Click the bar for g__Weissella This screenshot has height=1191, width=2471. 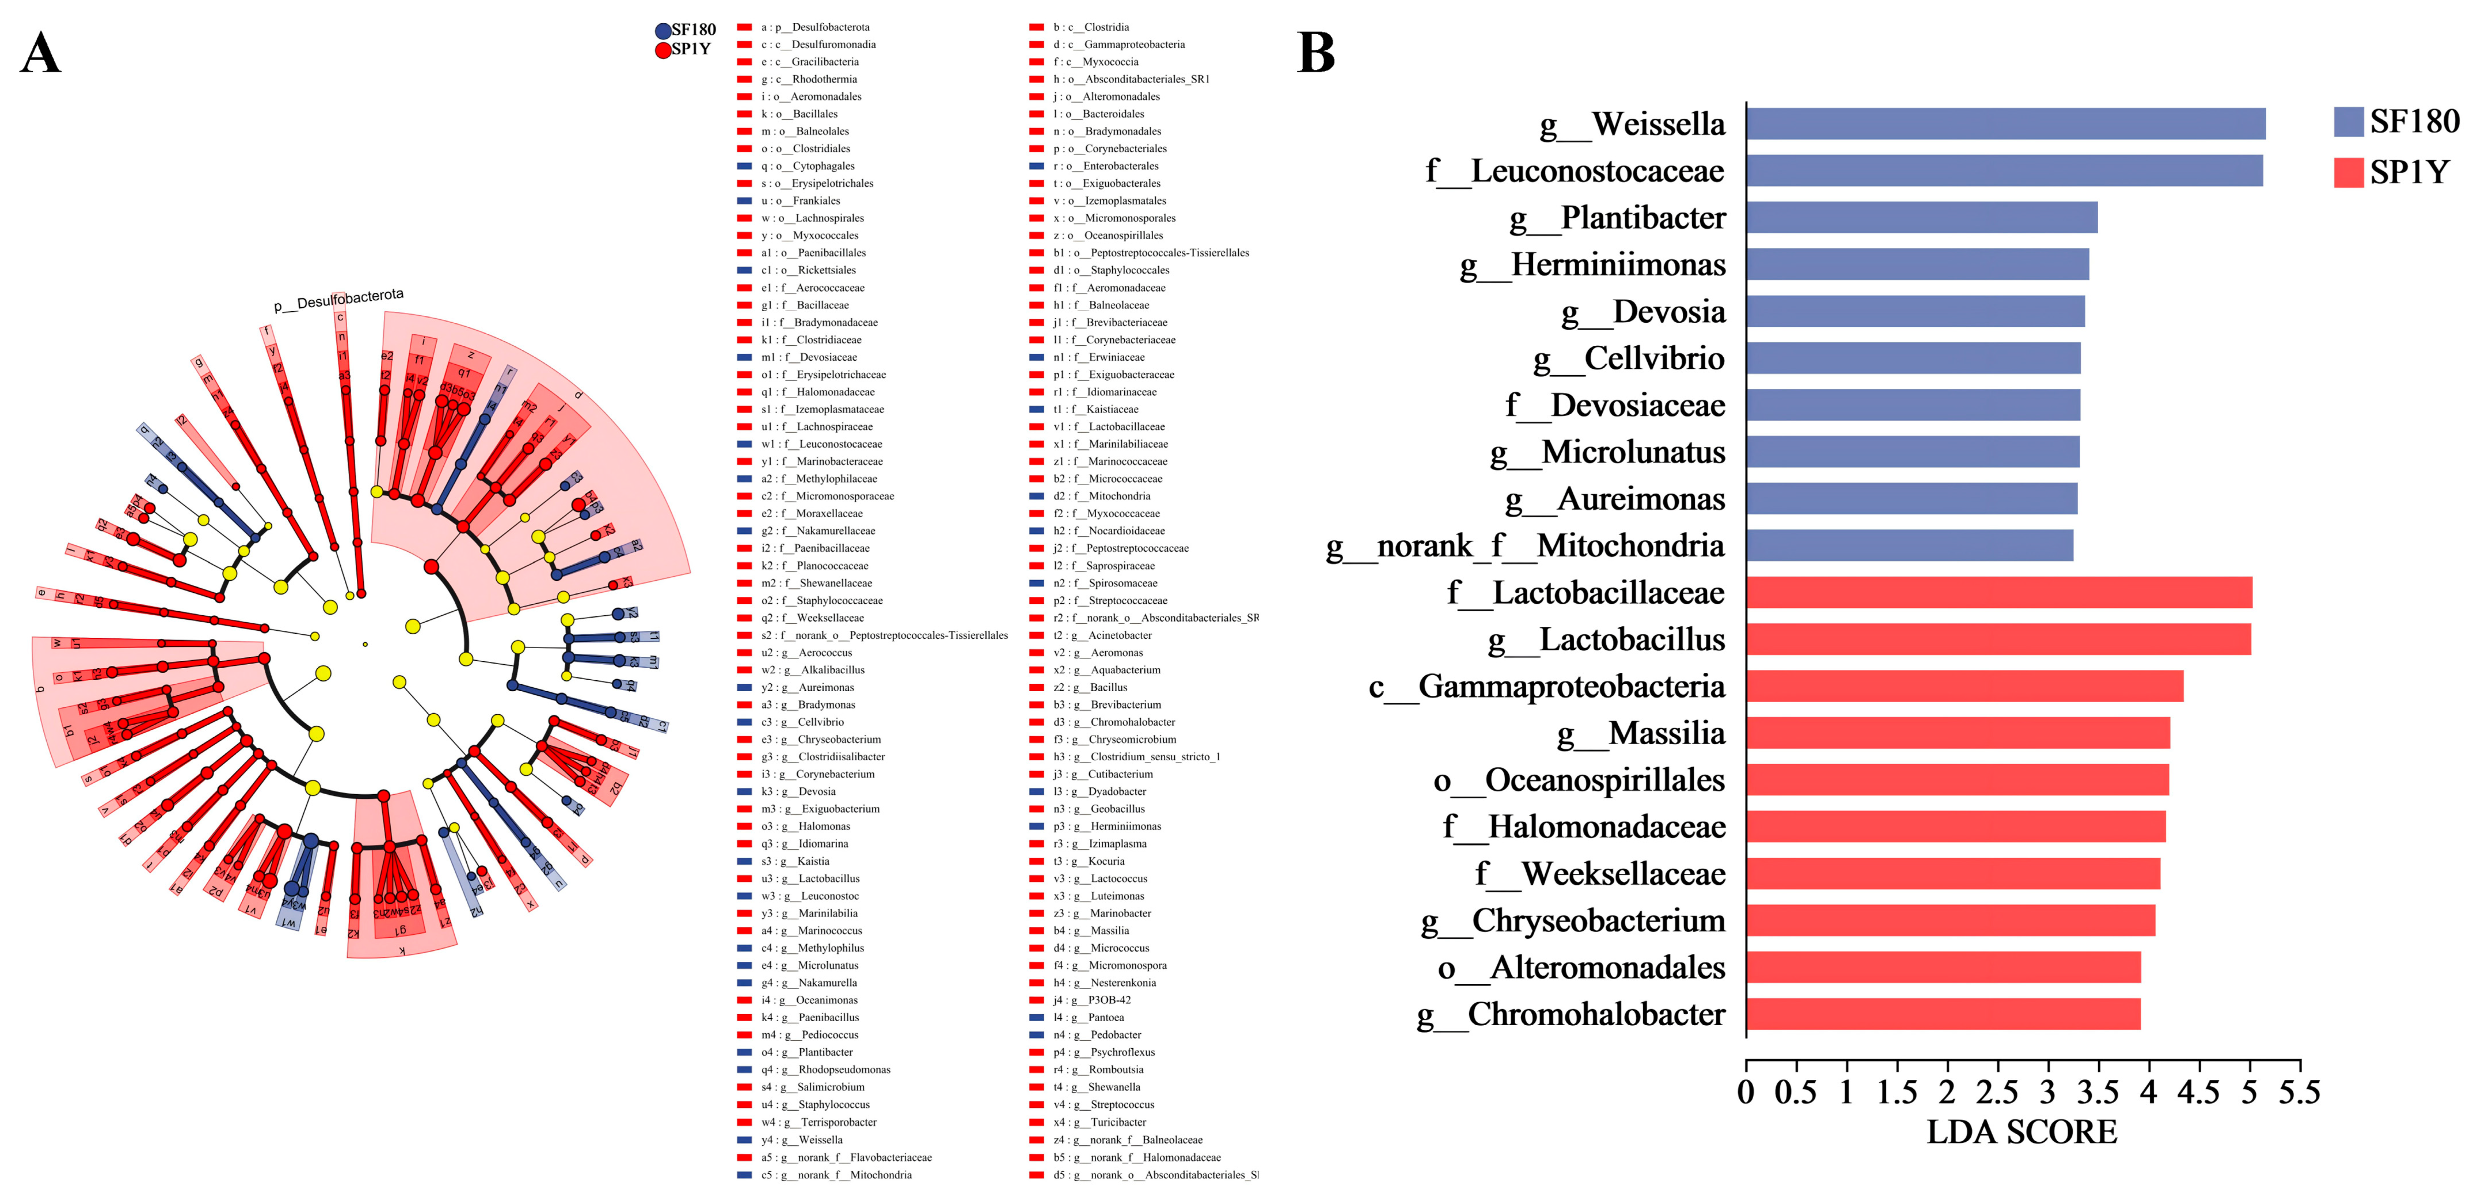[2005, 124]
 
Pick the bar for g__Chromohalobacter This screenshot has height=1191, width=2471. [1943, 1013]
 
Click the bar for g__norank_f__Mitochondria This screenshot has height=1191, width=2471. [1909, 545]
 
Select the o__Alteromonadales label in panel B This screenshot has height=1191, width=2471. [1581, 967]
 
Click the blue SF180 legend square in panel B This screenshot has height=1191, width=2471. [2348, 122]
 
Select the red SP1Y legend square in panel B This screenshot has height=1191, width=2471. [2348, 173]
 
